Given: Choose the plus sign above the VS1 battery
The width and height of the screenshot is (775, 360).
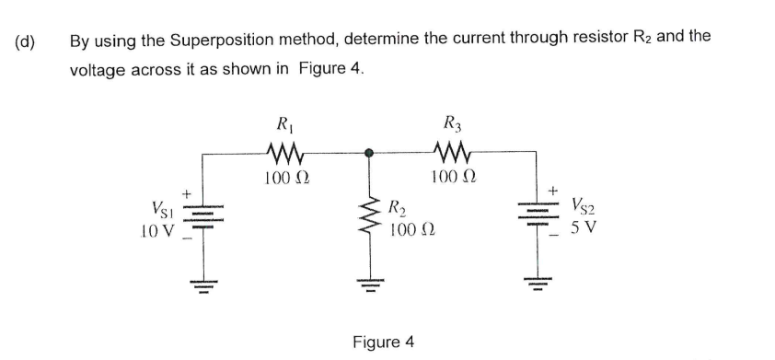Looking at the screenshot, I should click(186, 193).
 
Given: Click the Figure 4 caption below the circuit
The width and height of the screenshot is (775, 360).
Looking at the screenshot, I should click(383, 342).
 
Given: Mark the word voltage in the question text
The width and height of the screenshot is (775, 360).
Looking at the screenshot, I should click(98, 70).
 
